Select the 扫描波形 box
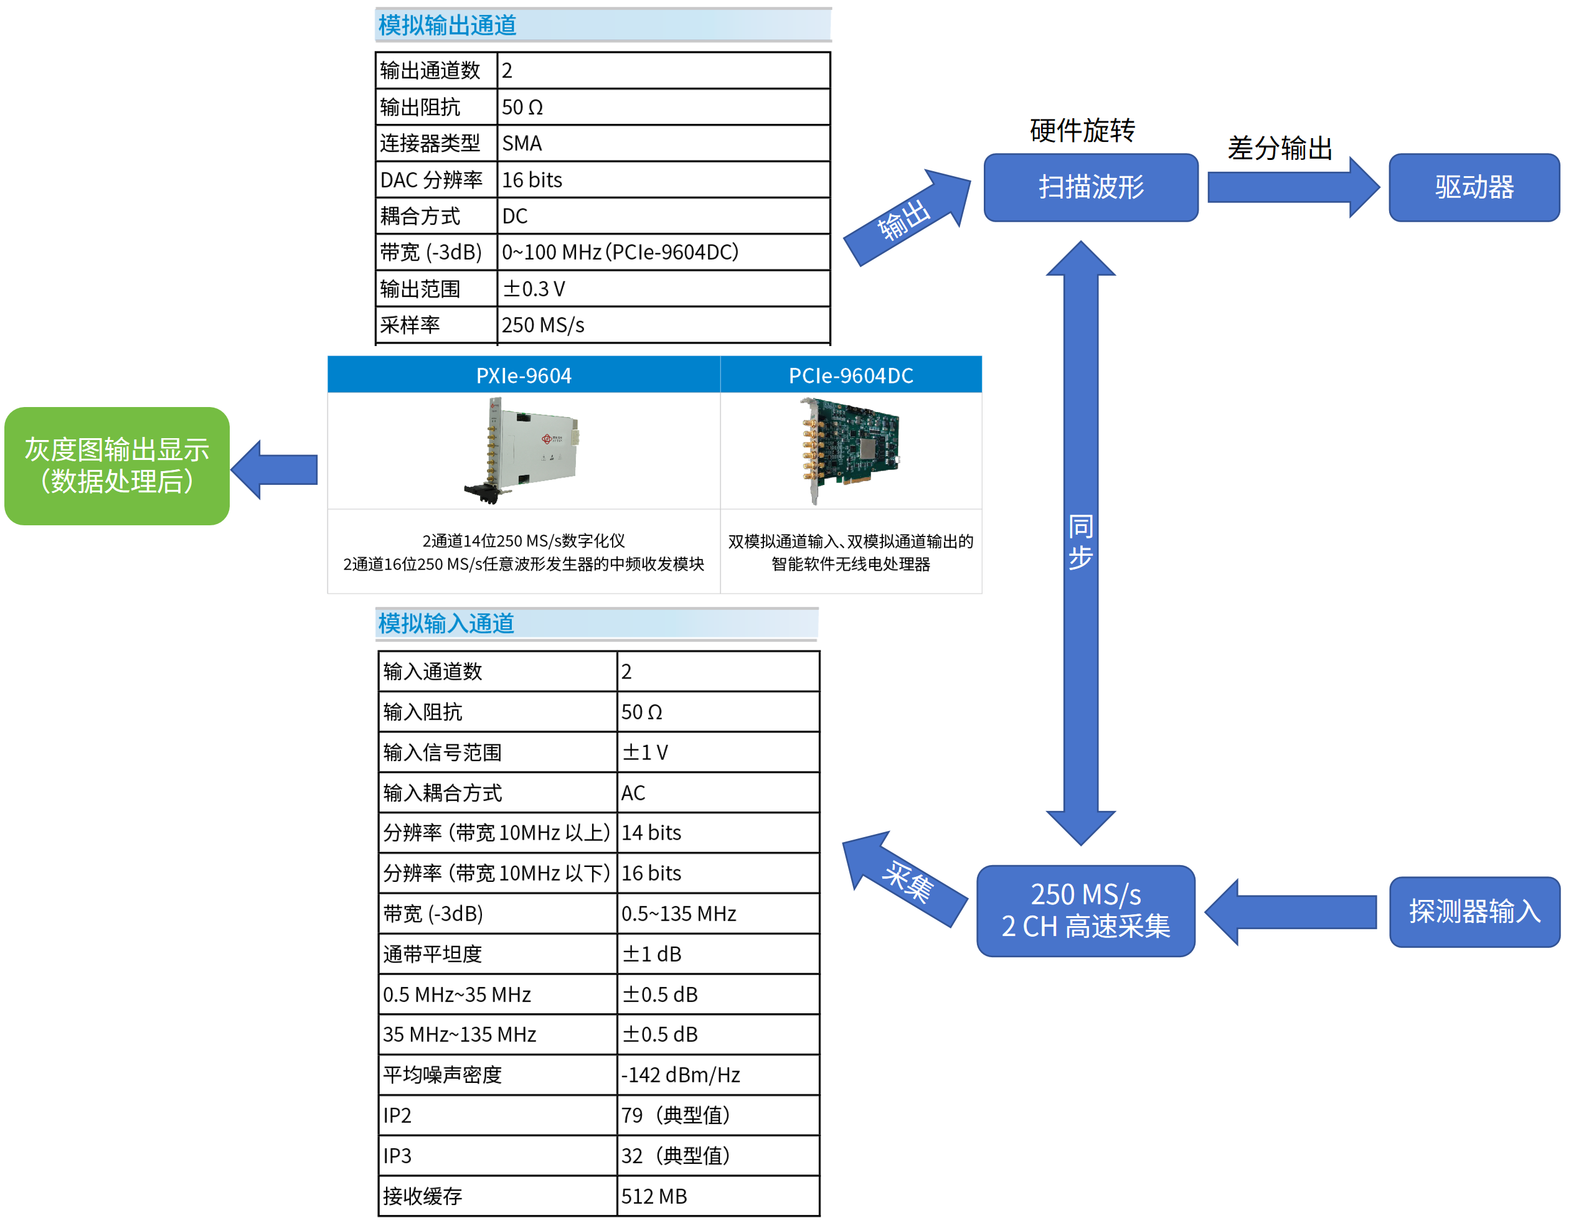[1090, 187]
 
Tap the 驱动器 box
[1473, 187]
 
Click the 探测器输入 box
[1473, 911]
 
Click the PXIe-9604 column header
[523, 375]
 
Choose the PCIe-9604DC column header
[850, 375]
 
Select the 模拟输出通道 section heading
[447, 26]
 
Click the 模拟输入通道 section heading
[446, 623]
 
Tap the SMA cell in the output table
[662, 143]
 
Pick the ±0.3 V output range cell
[662, 289]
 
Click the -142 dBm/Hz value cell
[717, 1074]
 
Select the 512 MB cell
[717, 1196]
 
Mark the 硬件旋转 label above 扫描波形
[1082, 130]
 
